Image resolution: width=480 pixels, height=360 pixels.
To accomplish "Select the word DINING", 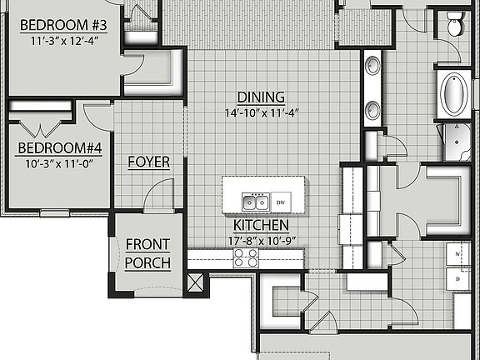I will pos(261,97).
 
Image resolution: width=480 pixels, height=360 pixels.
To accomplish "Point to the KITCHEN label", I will pos(261,225).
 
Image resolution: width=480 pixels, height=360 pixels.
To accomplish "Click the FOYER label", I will pos(148,162).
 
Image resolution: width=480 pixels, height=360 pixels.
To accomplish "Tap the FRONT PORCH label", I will pos(147,254).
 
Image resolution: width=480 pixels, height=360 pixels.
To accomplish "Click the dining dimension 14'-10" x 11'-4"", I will pos(261,112).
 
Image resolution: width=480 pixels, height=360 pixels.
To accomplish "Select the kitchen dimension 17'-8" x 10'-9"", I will pos(261,242).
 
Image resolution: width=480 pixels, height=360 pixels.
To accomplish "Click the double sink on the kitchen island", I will pos(254,202).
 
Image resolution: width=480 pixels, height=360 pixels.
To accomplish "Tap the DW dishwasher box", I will pos(282,202).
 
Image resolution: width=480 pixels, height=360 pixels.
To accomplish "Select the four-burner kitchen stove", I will pos(245,258).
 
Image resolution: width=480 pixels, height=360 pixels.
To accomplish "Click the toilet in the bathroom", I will pos(456,24).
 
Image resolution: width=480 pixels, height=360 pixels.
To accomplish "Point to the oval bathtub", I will pos(454,94).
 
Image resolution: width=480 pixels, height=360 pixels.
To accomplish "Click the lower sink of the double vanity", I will pos(372,109).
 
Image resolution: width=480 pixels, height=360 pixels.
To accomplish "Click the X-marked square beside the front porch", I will pos(196,282).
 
